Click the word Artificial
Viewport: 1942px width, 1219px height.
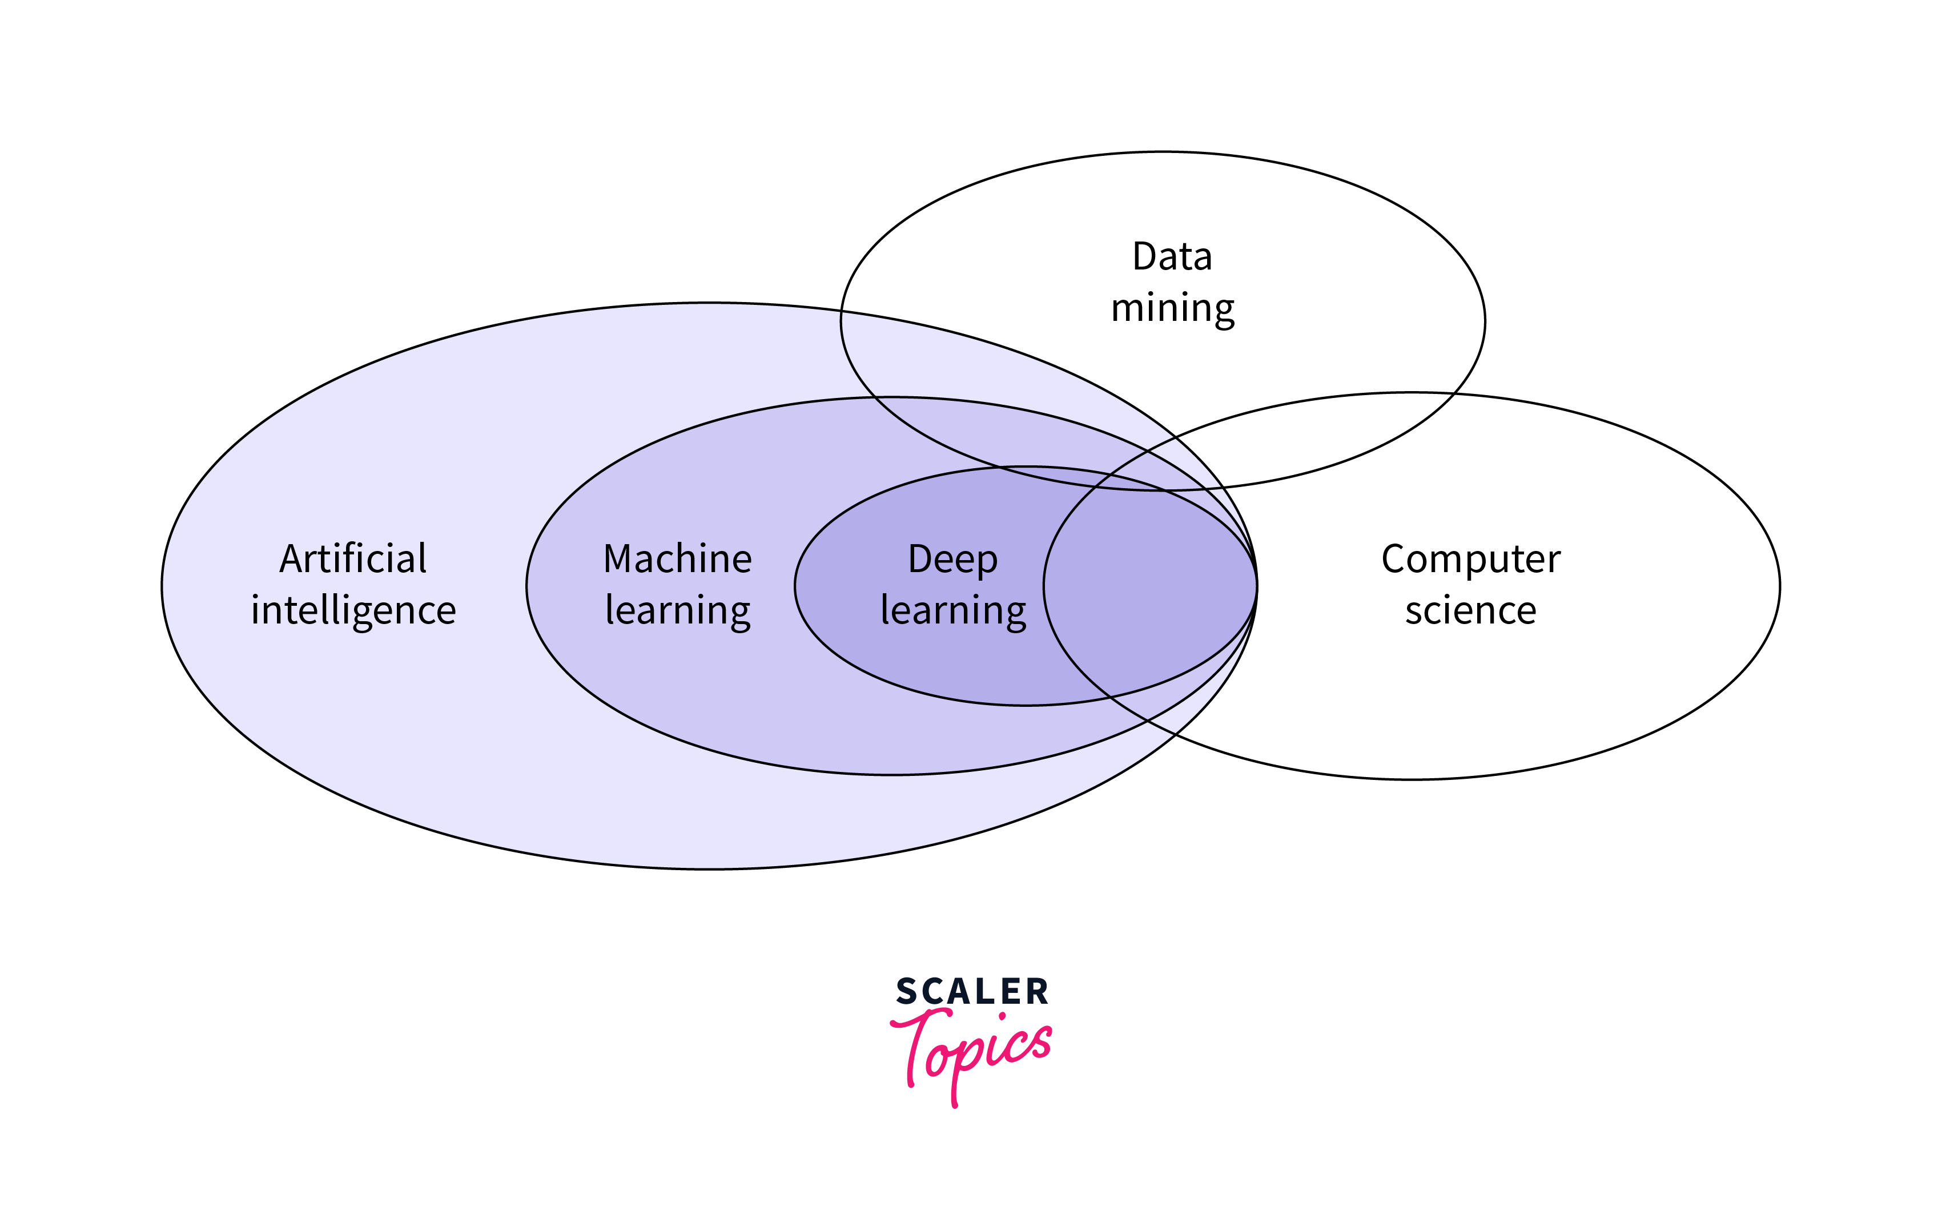352,559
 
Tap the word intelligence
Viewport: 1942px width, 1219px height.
353,610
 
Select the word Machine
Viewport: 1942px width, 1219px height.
677,559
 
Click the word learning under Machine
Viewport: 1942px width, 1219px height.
677,610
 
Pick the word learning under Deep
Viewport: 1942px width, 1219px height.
953,610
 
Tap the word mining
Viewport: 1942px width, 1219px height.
1172,308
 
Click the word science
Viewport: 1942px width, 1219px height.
1470,610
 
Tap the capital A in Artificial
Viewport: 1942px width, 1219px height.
292,559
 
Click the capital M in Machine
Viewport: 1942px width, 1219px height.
620,559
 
